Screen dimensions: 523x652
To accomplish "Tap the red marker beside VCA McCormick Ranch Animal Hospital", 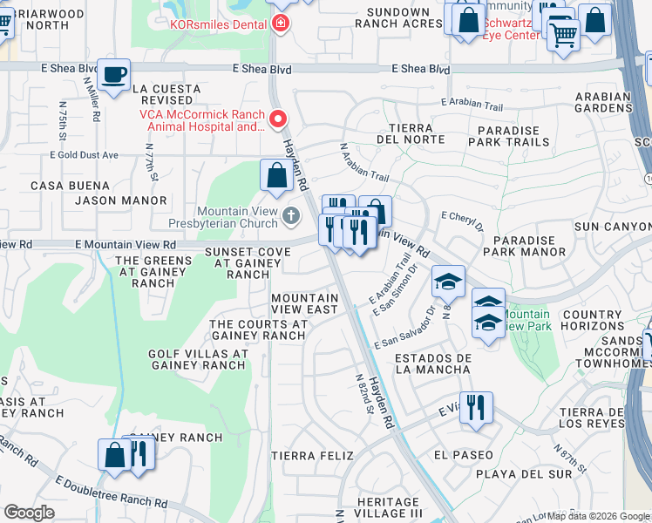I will click(x=278, y=119).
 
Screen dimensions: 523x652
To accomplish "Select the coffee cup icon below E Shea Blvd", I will click(x=113, y=74).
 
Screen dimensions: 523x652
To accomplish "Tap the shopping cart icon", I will click(x=563, y=35).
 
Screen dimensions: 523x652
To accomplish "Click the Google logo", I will click(x=29, y=513).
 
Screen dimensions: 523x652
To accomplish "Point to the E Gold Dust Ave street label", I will click(x=84, y=155).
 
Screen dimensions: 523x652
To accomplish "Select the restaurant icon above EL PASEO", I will click(x=475, y=407).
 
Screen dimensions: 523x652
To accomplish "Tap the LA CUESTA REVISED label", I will click(x=166, y=95).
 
